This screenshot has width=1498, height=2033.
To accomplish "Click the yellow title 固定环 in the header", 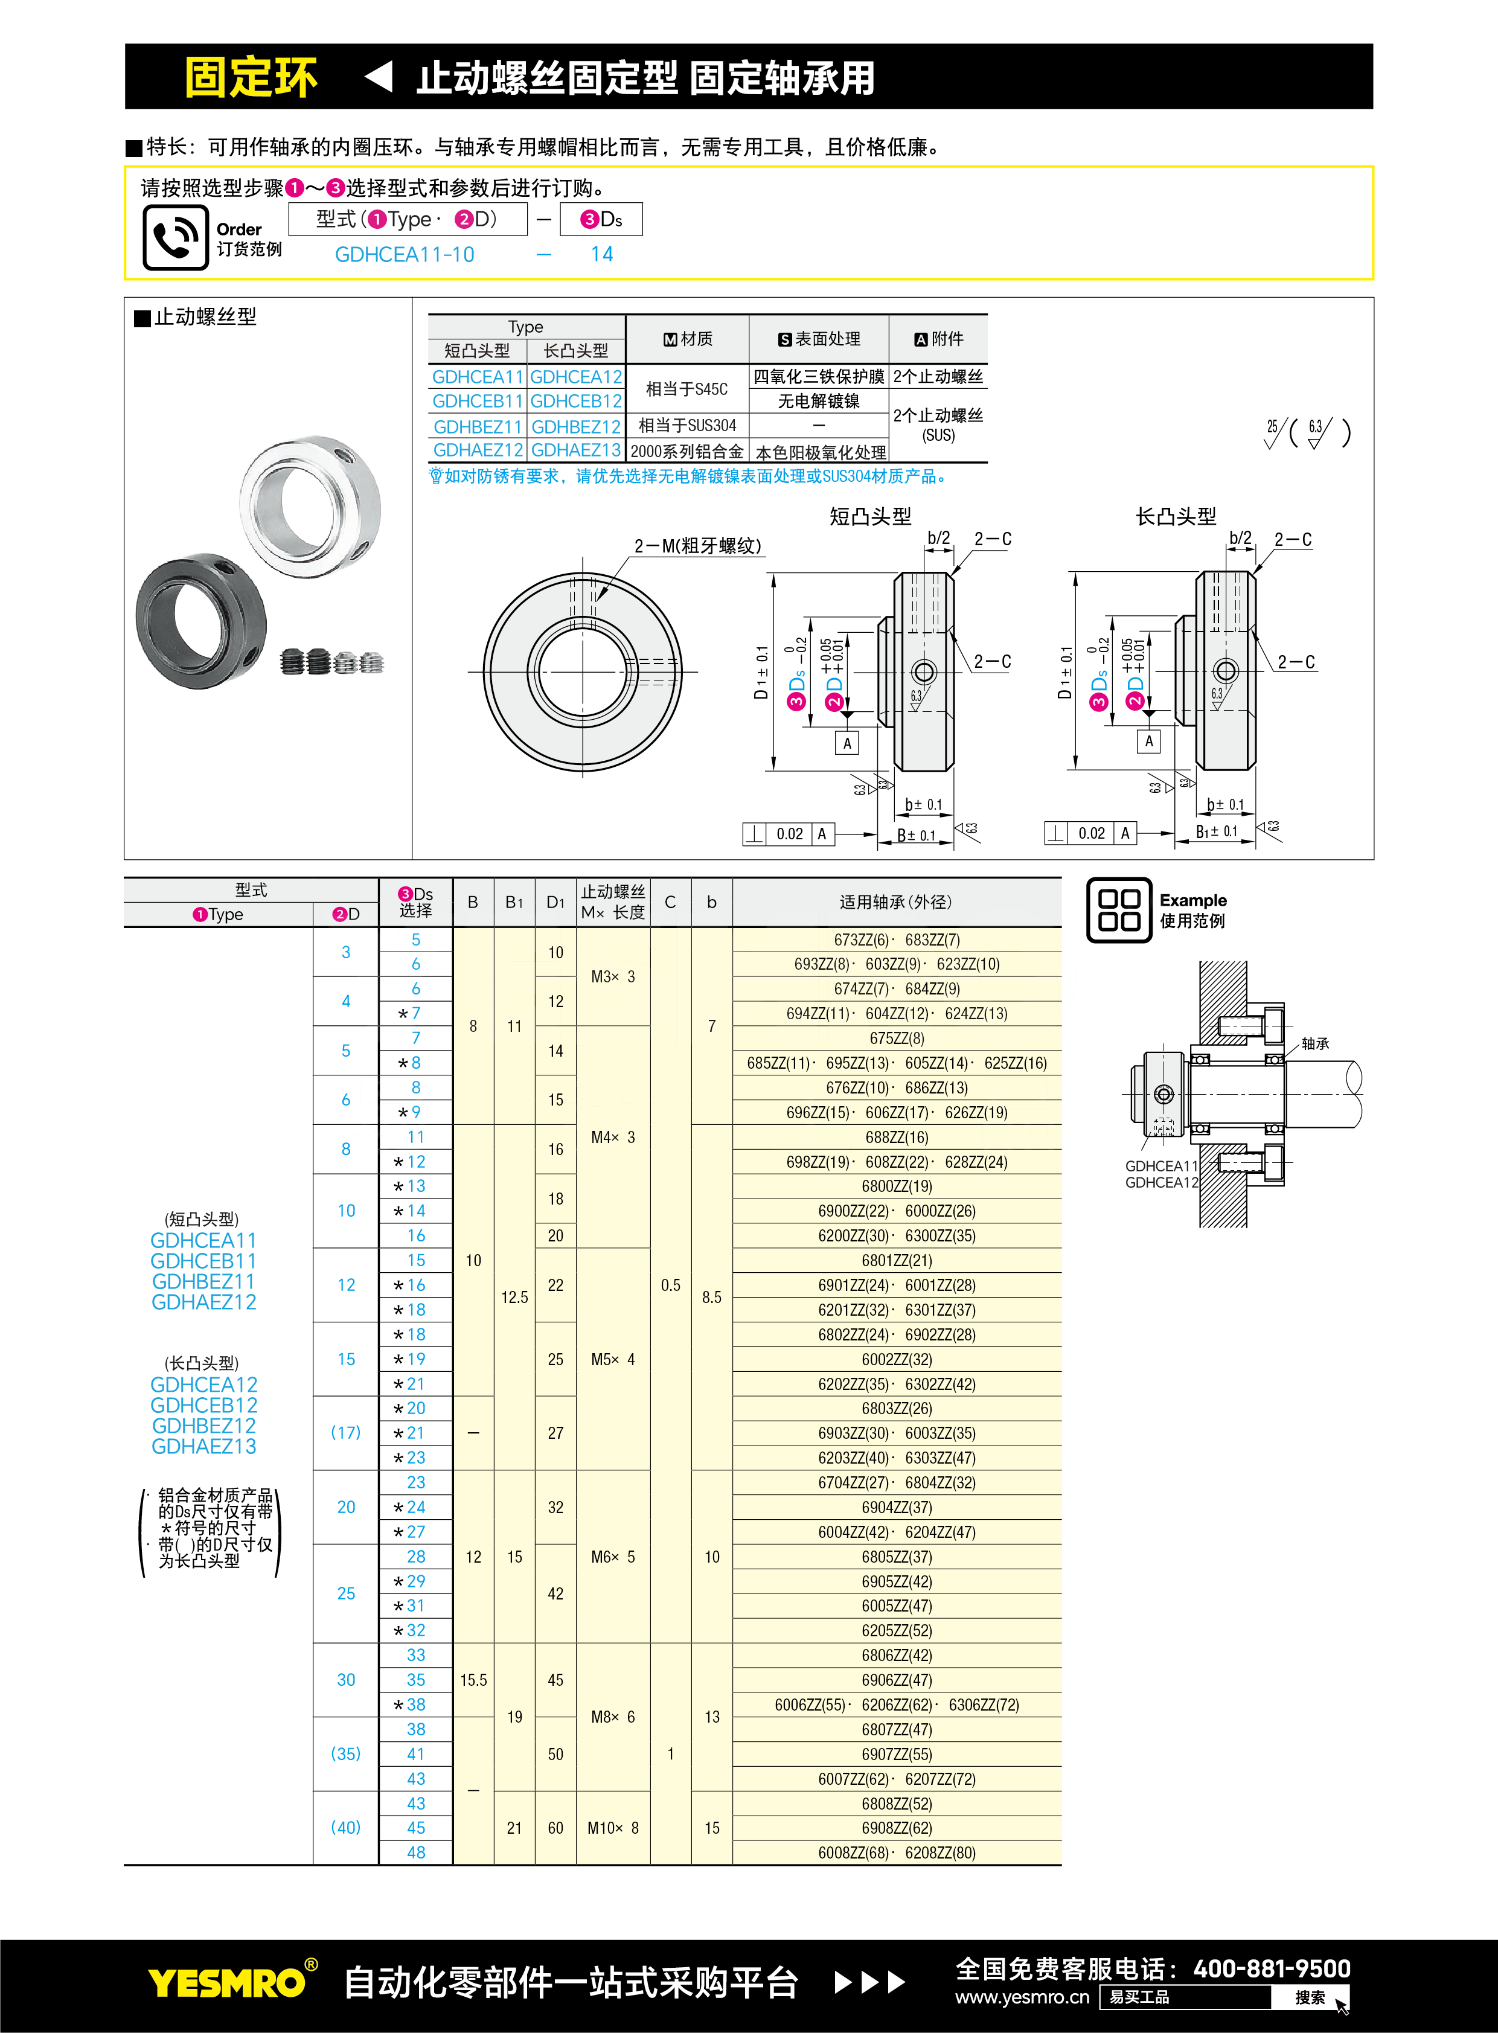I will click(251, 78).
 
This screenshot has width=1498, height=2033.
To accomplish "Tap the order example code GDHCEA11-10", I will click(405, 255).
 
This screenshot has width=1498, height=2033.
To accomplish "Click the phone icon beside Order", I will click(175, 237).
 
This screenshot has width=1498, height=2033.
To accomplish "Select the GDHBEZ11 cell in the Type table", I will click(477, 426).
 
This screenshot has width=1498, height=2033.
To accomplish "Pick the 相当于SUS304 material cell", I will click(687, 425).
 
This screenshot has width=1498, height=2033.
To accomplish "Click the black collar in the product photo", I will click(201, 620).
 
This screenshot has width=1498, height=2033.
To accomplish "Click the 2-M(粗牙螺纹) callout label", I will click(697, 546).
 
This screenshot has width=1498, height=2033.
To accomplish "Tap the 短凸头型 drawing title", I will click(869, 517).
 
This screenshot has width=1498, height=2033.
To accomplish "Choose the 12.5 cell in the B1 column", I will click(514, 1298).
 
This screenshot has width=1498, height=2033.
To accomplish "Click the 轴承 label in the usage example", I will click(1315, 1044).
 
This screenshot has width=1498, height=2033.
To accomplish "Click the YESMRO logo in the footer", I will click(226, 1983).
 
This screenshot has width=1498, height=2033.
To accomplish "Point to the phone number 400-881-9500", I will click(1272, 1968).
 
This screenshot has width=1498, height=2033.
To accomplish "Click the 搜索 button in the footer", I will click(1310, 1997).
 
